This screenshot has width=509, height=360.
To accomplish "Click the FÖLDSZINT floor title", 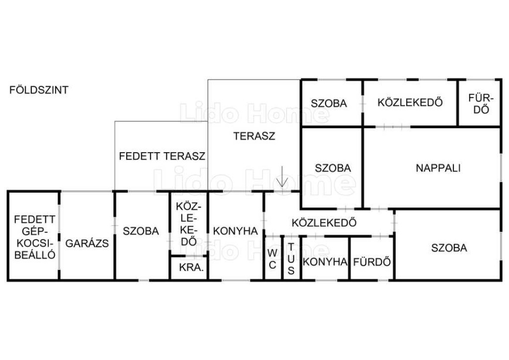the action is pyautogui.click(x=39, y=90).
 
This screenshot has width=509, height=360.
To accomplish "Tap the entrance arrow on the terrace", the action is pyautogui.click(x=282, y=177).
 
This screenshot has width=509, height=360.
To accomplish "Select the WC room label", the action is pyautogui.click(x=273, y=259).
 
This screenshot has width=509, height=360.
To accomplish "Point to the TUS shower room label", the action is pyautogui.click(x=291, y=259).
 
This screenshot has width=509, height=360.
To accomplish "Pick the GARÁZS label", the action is pyautogui.click(x=87, y=243).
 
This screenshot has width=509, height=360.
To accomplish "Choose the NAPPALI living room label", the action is pyautogui.click(x=438, y=168).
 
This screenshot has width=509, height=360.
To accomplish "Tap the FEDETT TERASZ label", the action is pyautogui.click(x=162, y=156).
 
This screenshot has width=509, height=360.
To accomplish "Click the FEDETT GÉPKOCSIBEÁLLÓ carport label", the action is pyautogui.click(x=35, y=237).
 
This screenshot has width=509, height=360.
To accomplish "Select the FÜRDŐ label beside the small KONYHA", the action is pyautogui.click(x=372, y=262).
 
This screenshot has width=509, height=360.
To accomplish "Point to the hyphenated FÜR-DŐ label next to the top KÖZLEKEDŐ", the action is pyautogui.click(x=481, y=104).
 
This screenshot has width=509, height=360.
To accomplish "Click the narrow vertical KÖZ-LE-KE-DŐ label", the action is pyautogui.click(x=188, y=224).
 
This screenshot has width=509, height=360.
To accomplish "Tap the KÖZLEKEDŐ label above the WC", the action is pyautogui.click(x=324, y=223).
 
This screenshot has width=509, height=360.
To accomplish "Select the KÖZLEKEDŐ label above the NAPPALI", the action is pyautogui.click(x=410, y=102).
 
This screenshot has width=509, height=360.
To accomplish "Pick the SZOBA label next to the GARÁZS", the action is pyautogui.click(x=141, y=231).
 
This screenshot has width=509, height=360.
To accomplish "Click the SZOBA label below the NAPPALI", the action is pyautogui.click(x=449, y=248).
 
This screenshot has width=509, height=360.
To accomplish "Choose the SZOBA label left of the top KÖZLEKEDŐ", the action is pyautogui.click(x=329, y=103).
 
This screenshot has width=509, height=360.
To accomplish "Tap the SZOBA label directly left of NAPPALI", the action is pyautogui.click(x=333, y=168).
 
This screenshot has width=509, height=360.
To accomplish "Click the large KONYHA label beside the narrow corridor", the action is pyautogui.click(x=235, y=231).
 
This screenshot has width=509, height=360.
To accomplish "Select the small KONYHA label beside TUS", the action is pyautogui.click(x=325, y=262).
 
